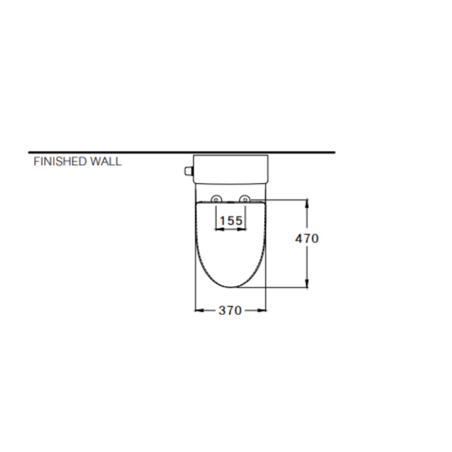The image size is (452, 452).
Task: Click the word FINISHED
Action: [x=60, y=162]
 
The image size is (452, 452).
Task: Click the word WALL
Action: [x=106, y=162]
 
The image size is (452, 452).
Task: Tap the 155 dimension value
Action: [x=231, y=221]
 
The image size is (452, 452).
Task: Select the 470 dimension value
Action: [x=307, y=239]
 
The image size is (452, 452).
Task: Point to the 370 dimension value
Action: [x=230, y=311]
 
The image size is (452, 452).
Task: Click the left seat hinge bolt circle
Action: [x=216, y=199]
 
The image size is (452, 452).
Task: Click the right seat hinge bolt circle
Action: [x=245, y=199]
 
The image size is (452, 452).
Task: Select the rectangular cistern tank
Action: [x=230, y=169]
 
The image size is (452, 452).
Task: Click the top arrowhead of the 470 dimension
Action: [x=307, y=203]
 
